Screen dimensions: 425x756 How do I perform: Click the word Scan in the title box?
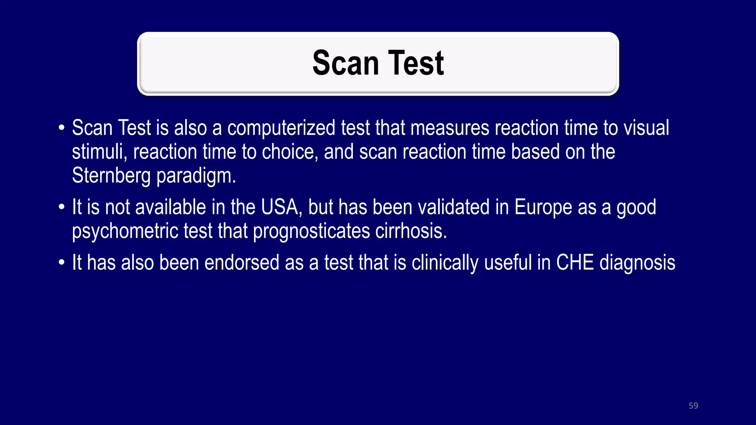(x=346, y=63)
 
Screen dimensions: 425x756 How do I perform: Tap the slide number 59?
(x=693, y=405)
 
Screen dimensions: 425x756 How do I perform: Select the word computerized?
(x=281, y=128)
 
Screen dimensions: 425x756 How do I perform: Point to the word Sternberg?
(x=111, y=175)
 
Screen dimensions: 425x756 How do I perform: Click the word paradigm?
(x=196, y=176)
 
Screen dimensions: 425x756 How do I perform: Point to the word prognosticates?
(x=312, y=231)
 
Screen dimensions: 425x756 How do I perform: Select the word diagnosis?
(x=638, y=263)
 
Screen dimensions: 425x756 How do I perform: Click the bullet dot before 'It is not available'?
(x=62, y=207)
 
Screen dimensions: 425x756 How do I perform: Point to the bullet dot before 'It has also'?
(x=62, y=263)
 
